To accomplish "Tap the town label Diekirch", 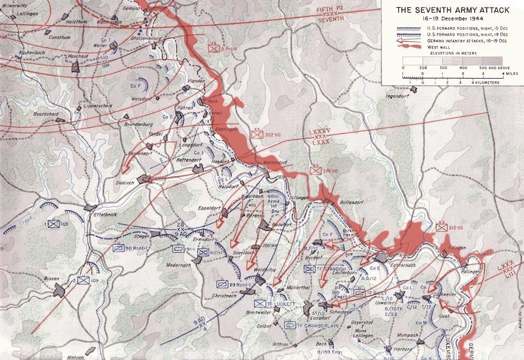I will (x=126, y=182).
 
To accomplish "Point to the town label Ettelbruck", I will (x=104, y=214).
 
